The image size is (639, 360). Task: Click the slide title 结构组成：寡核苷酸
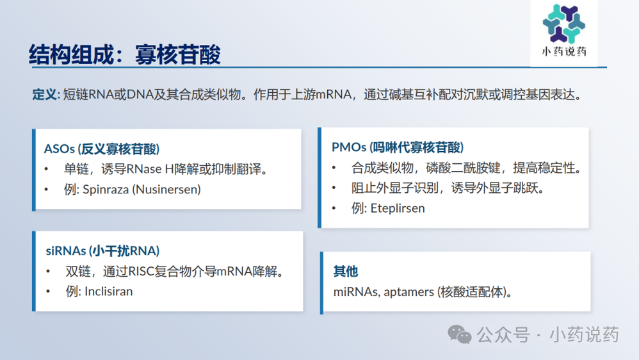click(x=125, y=54)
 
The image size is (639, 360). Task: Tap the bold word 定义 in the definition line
click(x=44, y=95)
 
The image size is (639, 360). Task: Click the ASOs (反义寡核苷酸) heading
click(x=102, y=149)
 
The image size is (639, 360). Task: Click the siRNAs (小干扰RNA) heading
click(x=102, y=250)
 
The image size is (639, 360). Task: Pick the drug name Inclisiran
click(x=108, y=291)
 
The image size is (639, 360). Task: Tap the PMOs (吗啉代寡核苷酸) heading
click(x=398, y=147)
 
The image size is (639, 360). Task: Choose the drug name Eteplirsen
click(x=397, y=208)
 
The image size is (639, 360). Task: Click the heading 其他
click(x=345, y=272)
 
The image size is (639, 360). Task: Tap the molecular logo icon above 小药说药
click(x=563, y=22)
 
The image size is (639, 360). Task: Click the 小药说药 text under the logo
click(x=563, y=51)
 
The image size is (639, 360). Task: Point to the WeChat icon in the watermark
click(x=459, y=334)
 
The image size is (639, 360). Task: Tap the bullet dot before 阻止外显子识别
click(x=334, y=188)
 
